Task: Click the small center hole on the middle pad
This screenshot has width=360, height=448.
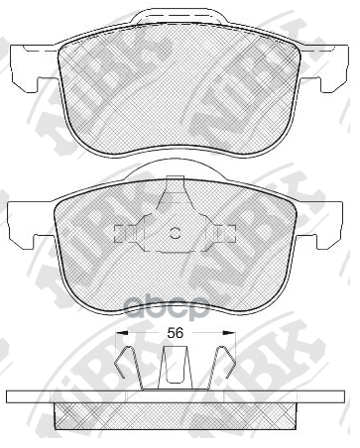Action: pyautogui.click(x=175, y=234)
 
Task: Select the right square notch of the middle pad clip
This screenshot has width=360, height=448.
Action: pyautogui.click(x=227, y=234)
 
